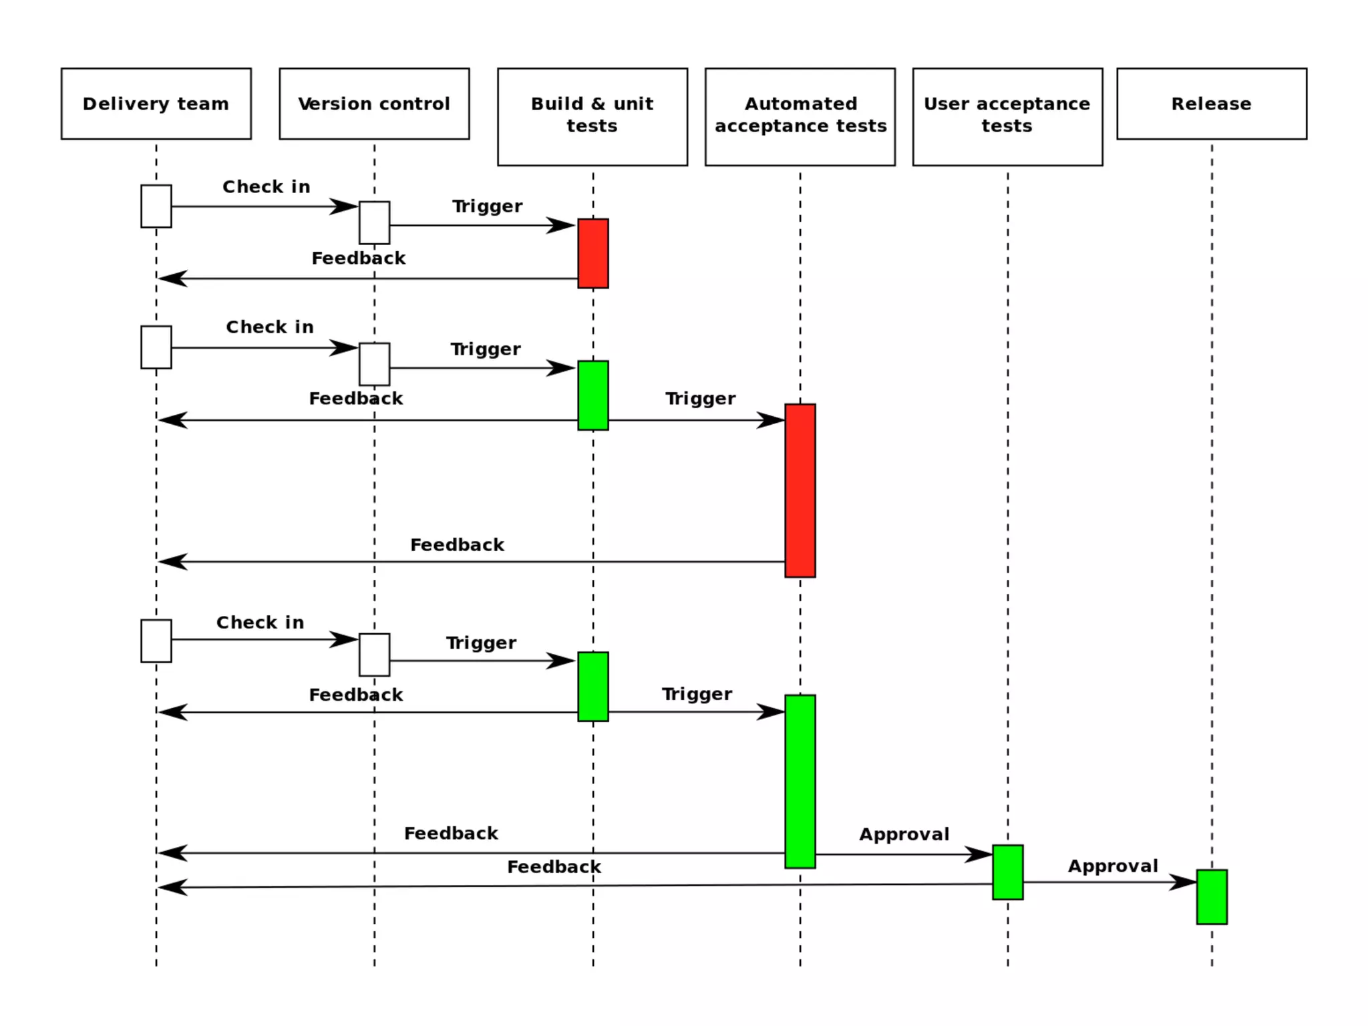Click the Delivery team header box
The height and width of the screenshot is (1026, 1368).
[x=156, y=104]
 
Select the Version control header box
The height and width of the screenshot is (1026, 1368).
[x=374, y=104]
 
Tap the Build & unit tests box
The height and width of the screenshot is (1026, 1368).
[x=592, y=116]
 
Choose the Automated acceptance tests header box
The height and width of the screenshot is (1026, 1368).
[x=800, y=116]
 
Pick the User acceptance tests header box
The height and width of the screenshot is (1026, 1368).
[x=1007, y=116]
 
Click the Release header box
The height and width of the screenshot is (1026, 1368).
[x=1211, y=104]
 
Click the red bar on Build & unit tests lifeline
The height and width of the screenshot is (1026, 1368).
[x=592, y=253]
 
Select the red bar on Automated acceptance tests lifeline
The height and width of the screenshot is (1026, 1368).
[x=800, y=490]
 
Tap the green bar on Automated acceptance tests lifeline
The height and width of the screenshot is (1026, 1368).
[x=800, y=782]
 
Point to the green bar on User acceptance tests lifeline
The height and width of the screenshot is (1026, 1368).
[x=1007, y=872]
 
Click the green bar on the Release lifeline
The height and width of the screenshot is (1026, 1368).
[x=1211, y=896]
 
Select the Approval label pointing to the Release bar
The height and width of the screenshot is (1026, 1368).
[x=1112, y=866]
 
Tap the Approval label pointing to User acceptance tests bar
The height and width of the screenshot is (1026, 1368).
[x=904, y=834]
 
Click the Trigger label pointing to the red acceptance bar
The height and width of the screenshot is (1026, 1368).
[x=700, y=399]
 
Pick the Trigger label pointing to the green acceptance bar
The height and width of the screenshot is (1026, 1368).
[x=697, y=695]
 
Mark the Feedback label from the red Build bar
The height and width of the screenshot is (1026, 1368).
[x=358, y=259]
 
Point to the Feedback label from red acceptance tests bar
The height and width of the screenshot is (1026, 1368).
[x=457, y=545]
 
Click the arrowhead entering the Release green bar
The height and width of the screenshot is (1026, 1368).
[x=1184, y=882]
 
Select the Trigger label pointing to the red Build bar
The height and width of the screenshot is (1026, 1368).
[x=487, y=206]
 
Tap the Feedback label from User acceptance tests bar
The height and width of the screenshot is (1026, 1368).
[x=554, y=867]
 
